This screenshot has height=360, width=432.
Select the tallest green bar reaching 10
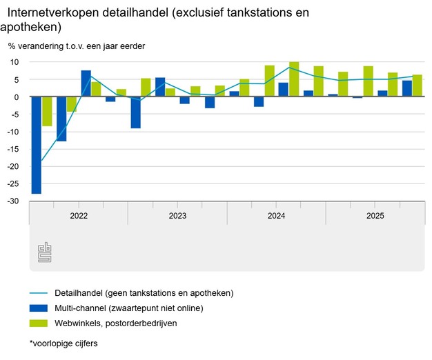tap(294, 79)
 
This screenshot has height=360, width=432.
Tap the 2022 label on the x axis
tap(79, 216)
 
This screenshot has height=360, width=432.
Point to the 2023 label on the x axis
tap(177, 216)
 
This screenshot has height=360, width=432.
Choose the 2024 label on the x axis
tap(276, 216)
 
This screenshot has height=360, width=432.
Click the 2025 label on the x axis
tap(375, 216)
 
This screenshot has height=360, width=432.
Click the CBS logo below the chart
tap(45, 252)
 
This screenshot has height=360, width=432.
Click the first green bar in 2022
tap(47, 111)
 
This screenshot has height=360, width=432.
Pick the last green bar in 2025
tap(417, 86)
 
